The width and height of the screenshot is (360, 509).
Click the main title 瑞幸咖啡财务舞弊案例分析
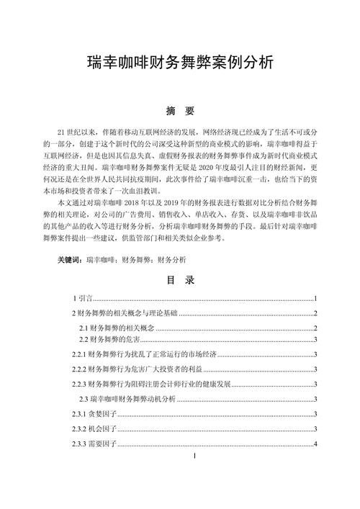click(179, 62)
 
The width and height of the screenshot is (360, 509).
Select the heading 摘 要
click(179, 111)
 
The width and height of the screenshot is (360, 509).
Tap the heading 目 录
click(179, 279)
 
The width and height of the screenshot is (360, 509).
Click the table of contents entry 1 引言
click(84, 298)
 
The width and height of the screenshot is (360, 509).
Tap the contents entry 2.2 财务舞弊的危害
click(112, 340)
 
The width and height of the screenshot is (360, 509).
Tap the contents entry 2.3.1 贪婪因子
click(93, 413)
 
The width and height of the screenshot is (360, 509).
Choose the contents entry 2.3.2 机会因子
click(93, 428)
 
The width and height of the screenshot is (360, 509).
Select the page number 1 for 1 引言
click(316, 298)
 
